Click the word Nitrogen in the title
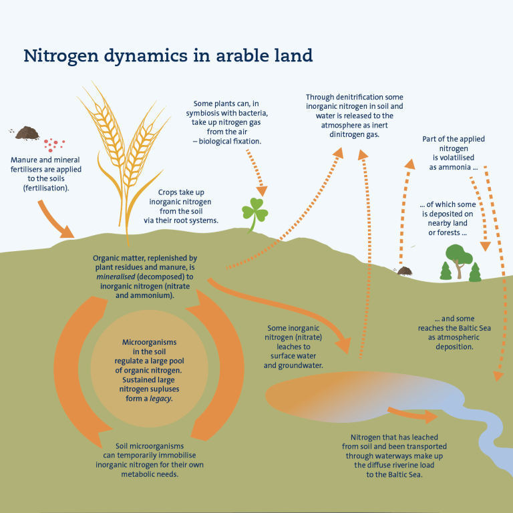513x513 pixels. click(61, 56)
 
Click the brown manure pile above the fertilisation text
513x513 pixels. click(27, 133)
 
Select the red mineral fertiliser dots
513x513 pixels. click(54, 145)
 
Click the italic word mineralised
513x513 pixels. click(116, 277)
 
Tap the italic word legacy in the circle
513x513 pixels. click(161, 399)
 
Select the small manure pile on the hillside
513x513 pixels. click(404, 271)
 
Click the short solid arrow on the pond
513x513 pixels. click(413, 415)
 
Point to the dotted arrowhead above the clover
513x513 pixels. click(262, 191)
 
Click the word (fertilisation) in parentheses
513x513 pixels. click(46, 188)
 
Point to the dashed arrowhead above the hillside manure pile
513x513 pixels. click(410, 164)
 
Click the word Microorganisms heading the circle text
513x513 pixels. click(149, 342)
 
